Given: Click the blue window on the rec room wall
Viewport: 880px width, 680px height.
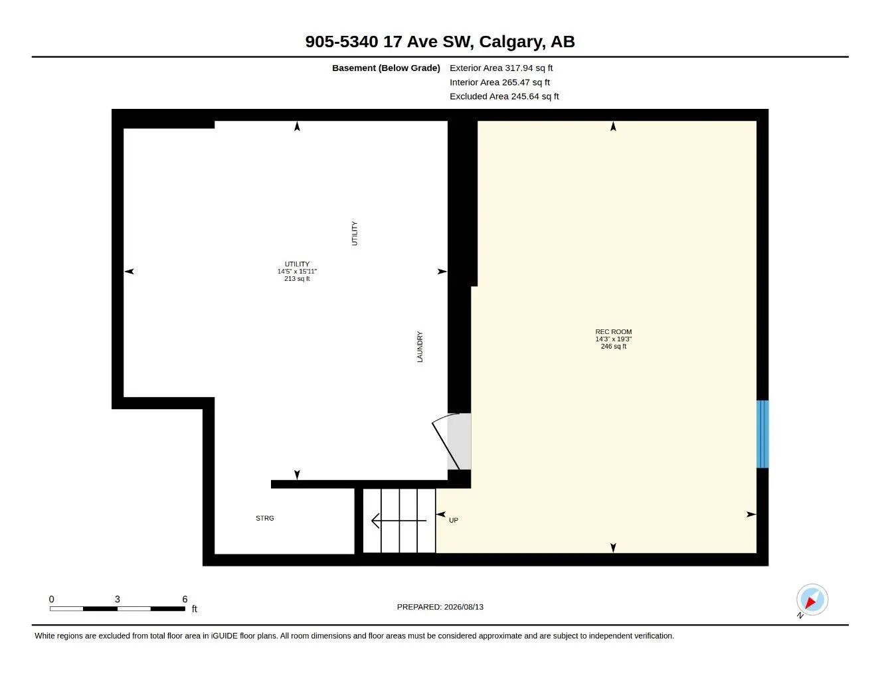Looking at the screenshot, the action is (x=762, y=434).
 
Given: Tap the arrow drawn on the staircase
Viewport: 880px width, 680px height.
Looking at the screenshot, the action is (x=398, y=521).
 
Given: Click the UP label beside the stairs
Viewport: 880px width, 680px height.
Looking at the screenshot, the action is (x=453, y=520).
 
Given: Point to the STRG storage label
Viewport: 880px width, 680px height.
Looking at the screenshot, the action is (x=265, y=518).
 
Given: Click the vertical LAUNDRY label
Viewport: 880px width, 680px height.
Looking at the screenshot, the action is (x=420, y=347).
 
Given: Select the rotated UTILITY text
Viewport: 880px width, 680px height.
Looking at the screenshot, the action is (x=355, y=233).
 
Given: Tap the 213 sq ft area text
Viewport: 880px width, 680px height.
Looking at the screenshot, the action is (x=297, y=278).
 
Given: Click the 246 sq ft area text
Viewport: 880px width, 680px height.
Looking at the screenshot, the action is (x=614, y=347).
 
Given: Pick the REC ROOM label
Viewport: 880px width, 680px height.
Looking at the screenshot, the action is (x=614, y=331).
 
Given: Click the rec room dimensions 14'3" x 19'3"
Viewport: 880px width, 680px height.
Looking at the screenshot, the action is (x=614, y=339).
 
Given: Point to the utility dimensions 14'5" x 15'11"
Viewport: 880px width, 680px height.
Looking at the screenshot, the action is (x=297, y=271).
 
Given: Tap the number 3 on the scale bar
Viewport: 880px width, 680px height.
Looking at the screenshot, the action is (x=118, y=599).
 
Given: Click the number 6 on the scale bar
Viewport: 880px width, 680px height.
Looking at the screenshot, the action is (x=185, y=599).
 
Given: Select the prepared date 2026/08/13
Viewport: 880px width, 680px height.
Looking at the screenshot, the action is (x=464, y=607).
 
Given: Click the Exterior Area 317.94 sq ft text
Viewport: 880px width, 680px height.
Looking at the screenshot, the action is (x=501, y=68).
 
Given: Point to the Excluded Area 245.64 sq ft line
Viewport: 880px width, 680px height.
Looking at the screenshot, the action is (x=504, y=96).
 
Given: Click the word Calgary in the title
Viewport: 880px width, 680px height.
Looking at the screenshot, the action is (x=512, y=42).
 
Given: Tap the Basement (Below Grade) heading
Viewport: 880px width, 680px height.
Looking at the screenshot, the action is (x=386, y=68).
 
